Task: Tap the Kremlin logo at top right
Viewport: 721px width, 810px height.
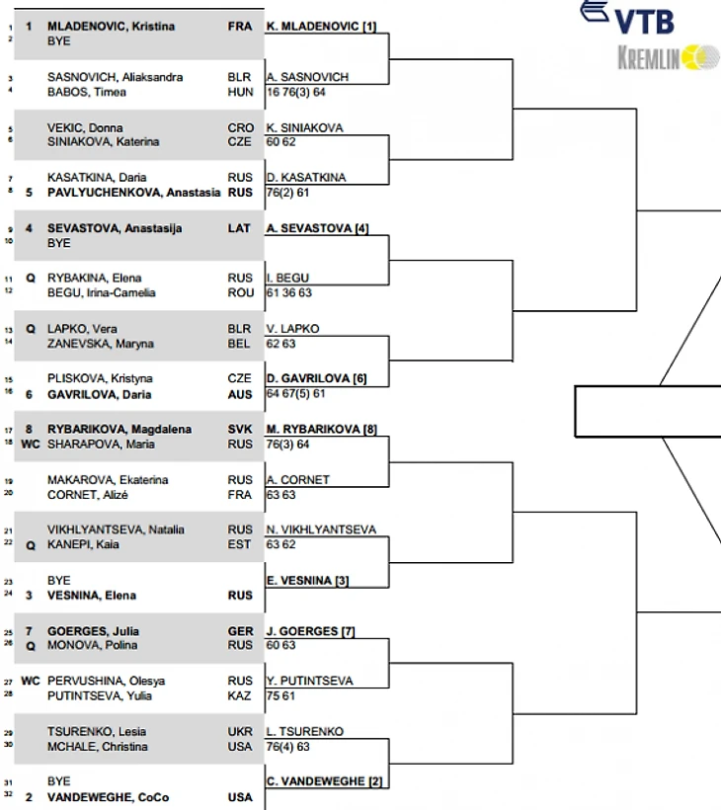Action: [x=668, y=58]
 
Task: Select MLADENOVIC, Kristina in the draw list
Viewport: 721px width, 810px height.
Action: [x=112, y=27]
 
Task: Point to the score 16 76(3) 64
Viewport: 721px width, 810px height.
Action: [x=296, y=92]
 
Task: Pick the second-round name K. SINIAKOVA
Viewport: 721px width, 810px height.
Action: [x=306, y=127]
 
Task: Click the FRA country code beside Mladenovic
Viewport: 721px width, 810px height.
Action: [x=240, y=27]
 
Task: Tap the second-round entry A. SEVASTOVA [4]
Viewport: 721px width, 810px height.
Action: [x=317, y=228]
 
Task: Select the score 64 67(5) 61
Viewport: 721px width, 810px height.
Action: [x=295, y=393]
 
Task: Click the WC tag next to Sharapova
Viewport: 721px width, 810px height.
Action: [x=31, y=445]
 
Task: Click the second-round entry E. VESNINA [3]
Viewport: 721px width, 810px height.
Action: [x=307, y=581]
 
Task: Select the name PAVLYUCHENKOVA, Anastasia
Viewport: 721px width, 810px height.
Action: [x=134, y=193]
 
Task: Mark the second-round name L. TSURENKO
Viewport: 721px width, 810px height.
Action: [x=305, y=732]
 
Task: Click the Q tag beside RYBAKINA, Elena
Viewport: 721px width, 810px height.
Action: [x=31, y=279]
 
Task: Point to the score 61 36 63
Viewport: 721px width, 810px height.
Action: [x=290, y=292]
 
